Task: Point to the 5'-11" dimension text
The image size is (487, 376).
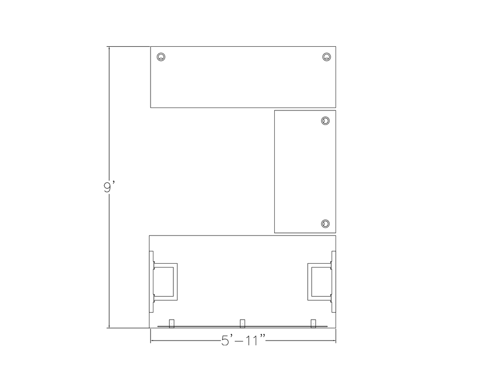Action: pos(244,340)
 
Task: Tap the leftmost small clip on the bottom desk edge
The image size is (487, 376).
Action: pos(171,323)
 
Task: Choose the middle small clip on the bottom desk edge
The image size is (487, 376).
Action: pos(243,323)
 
